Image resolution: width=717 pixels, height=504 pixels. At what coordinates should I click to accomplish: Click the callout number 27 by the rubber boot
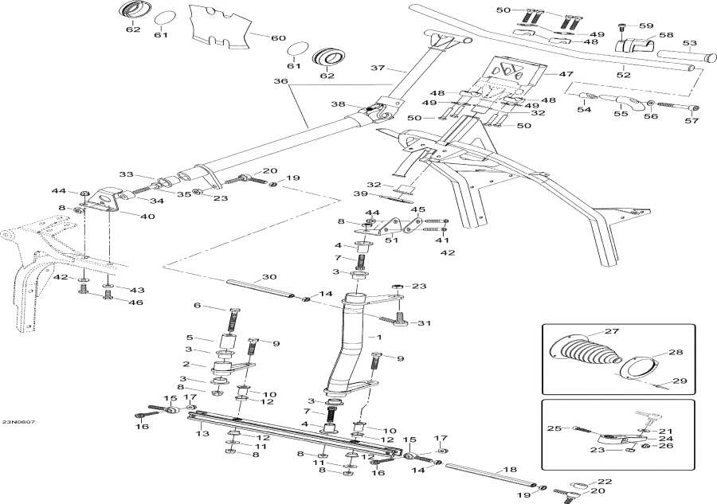pyautogui.click(x=611, y=331)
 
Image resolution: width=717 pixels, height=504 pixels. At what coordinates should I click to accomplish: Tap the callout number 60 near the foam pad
pyautogui.click(x=277, y=37)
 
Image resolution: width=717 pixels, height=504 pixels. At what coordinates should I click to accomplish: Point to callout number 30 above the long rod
pyautogui.click(x=269, y=278)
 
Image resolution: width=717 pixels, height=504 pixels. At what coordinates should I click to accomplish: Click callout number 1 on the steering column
pyautogui.click(x=197, y=307)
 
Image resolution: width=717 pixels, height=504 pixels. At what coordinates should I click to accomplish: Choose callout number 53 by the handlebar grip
pyautogui.click(x=690, y=43)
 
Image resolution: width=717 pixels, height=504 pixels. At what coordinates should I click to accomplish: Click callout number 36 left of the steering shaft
pyautogui.click(x=278, y=81)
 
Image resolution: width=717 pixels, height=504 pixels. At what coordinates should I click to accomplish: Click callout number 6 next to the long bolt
pyautogui.click(x=197, y=307)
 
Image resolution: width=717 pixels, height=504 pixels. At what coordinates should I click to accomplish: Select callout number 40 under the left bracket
pyautogui.click(x=125, y=217)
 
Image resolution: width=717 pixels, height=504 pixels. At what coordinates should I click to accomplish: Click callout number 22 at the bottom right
pyautogui.click(x=605, y=482)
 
